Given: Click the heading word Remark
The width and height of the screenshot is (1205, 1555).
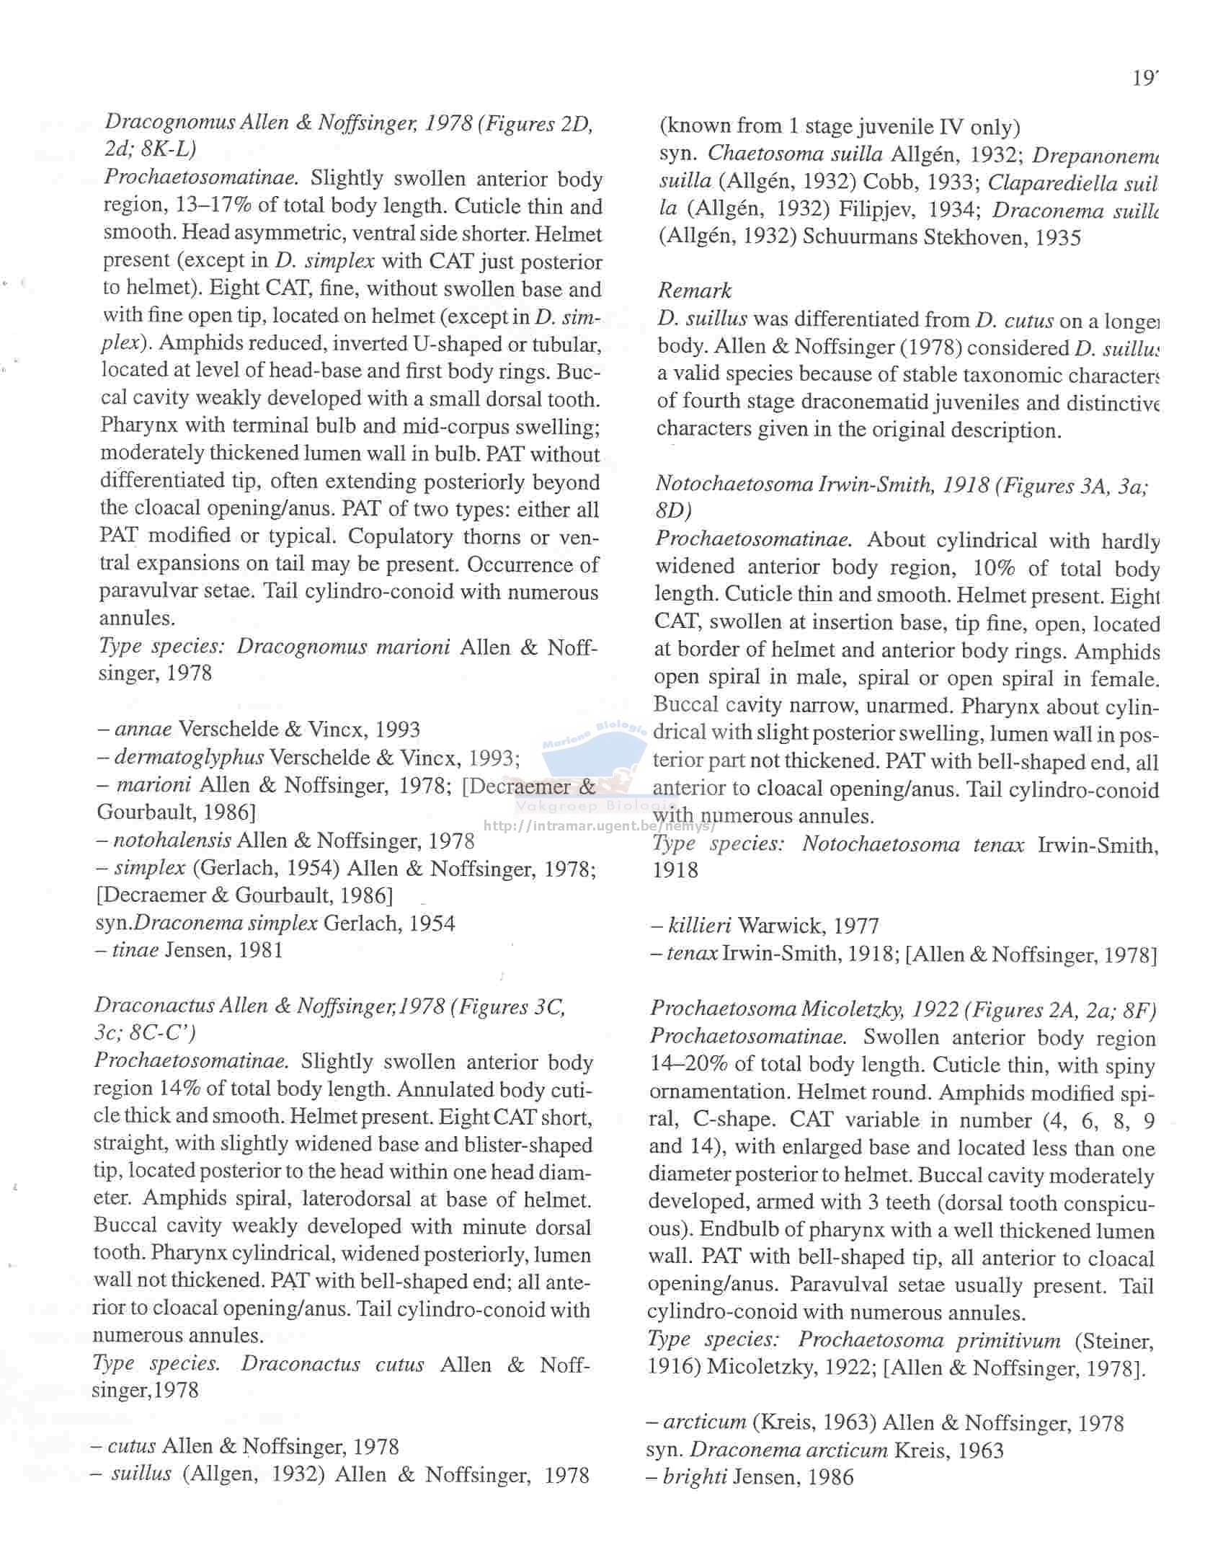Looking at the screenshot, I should [694, 291].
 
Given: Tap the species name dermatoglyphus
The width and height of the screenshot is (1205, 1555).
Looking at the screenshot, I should [189, 757].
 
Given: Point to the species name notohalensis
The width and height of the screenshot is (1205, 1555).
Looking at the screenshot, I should [172, 840].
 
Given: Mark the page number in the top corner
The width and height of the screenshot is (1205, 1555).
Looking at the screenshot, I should [1144, 78].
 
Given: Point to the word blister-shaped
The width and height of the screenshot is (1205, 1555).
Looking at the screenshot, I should [533, 1145].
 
